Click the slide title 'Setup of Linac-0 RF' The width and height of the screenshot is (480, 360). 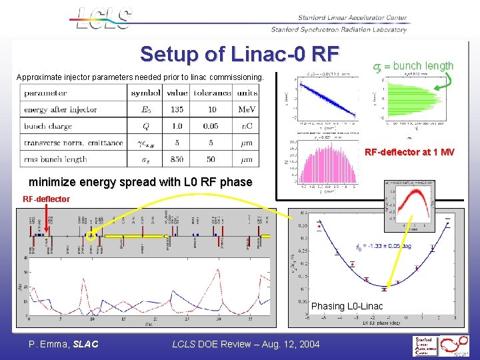tap(240, 53)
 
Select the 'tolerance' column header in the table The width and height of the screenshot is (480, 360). tap(211, 93)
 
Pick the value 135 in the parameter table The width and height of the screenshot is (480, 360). tap(177, 110)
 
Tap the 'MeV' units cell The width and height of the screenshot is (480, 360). tap(247, 110)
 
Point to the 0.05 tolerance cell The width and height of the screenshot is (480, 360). tap(211, 127)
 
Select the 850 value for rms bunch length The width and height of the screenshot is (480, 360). tap(177, 159)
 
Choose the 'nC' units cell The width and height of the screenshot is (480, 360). tap(247, 127)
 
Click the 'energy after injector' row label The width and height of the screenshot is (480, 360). tap(60, 110)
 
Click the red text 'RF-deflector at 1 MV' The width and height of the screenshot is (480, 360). tap(409, 152)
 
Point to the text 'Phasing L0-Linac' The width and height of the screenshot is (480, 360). tap(347, 306)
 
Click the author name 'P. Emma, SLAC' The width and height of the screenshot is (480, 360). tap(63, 344)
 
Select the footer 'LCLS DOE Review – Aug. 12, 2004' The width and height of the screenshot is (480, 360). tap(246, 344)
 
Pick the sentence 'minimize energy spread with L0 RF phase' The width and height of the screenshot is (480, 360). tap(141, 182)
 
